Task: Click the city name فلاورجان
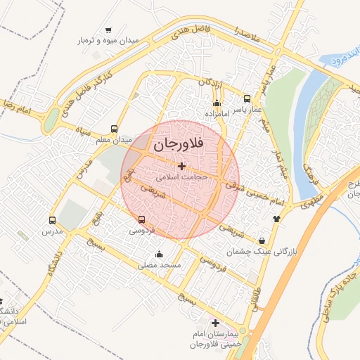tap(178, 145)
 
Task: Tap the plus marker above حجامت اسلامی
tap(182, 167)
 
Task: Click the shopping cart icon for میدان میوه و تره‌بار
tap(108, 30)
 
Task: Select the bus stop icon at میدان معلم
tap(115, 129)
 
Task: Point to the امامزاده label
tap(218, 113)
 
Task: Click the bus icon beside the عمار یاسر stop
tap(247, 99)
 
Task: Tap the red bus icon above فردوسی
tap(143, 219)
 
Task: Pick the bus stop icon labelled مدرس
tap(52, 220)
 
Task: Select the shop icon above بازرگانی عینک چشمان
tap(262, 240)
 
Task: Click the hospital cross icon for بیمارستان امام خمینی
tap(215, 322)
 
